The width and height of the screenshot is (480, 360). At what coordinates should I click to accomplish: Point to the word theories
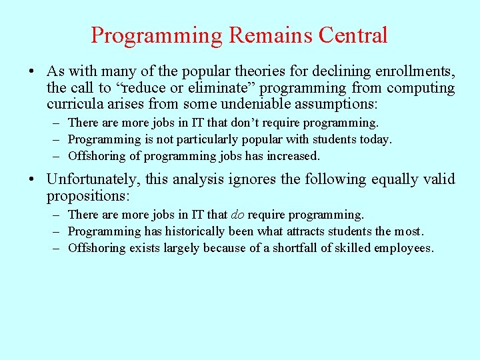[x=233, y=71]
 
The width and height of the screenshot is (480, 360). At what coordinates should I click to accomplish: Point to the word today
[x=375, y=139]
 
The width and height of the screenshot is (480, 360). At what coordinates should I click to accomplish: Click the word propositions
[x=87, y=196]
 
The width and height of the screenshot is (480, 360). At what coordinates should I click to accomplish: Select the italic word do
[x=237, y=215]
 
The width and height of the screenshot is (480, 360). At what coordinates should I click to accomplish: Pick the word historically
[x=193, y=231]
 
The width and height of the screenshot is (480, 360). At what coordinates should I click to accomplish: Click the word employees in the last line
[x=406, y=248]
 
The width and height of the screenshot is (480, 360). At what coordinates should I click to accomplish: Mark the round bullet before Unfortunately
[x=33, y=180]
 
